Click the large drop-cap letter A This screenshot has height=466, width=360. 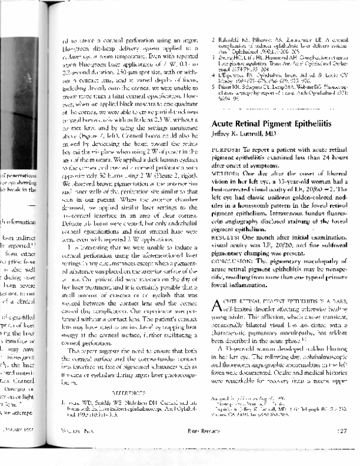(218, 306)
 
